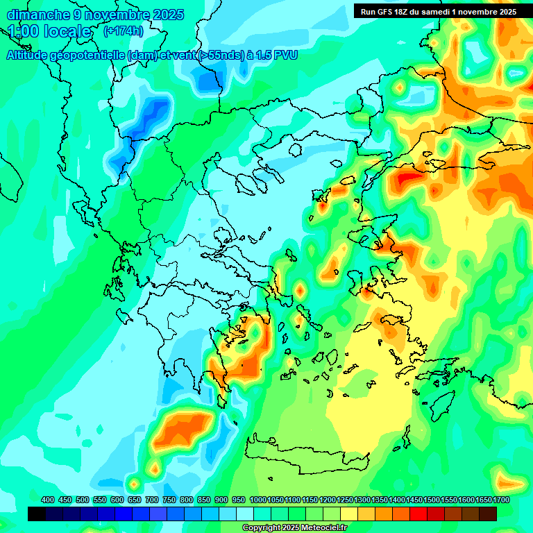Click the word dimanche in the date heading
38,15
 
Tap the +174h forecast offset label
123,31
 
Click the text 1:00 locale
49,31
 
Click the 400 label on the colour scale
48,500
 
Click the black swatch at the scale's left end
37,514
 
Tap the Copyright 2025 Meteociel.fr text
294,528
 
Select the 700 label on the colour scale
152,500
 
